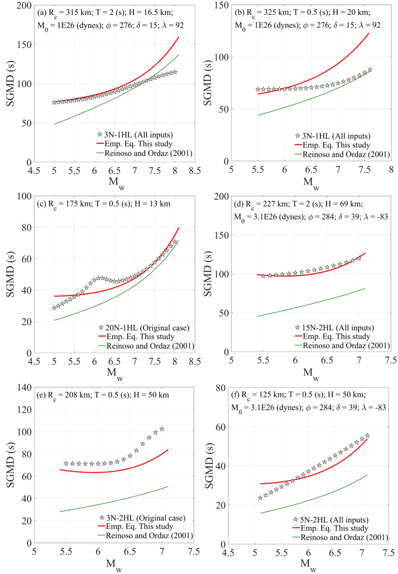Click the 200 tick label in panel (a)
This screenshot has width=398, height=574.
coord(24,6)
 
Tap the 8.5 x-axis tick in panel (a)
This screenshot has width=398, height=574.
coord(195,171)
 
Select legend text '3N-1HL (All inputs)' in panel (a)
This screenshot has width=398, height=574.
coord(138,135)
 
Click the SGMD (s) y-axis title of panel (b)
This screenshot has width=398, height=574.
coord(208,83)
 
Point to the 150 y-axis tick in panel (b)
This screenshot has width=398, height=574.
coord(221,5)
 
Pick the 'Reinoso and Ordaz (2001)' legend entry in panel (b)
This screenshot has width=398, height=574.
coord(346,154)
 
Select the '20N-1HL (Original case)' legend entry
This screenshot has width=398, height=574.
coord(147,328)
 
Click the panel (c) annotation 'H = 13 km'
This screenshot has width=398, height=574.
coord(152,204)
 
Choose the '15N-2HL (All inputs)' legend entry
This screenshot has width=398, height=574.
coord(338,328)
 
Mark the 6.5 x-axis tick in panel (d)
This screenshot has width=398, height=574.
coord(327,360)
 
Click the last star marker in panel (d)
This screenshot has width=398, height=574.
coord(359,258)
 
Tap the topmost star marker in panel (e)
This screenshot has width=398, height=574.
coord(162,429)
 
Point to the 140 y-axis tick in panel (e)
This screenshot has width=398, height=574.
coord(24,388)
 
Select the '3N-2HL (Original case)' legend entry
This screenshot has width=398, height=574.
coord(145,518)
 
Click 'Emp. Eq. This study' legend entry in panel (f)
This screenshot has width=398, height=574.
coord(334,528)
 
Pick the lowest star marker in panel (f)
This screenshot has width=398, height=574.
coord(260,498)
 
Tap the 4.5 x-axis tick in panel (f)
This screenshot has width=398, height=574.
coord(228,553)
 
